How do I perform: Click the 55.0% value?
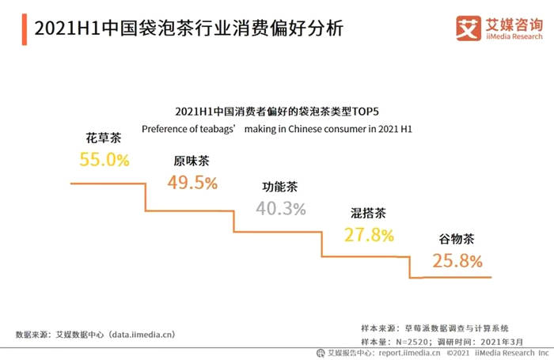(x=104, y=160)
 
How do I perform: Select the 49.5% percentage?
(x=192, y=183)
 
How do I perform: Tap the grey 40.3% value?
(x=281, y=209)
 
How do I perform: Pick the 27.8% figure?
(x=370, y=235)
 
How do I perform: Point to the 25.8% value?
(x=457, y=260)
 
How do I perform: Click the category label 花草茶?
(x=104, y=138)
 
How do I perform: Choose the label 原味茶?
(x=192, y=161)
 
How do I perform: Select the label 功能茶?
(x=280, y=188)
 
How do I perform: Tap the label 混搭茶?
(x=369, y=213)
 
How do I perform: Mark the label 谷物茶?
(x=457, y=238)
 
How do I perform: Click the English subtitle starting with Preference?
(x=278, y=128)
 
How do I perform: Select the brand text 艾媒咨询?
(x=514, y=23)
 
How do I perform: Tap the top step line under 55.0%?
(x=108, y=184)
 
